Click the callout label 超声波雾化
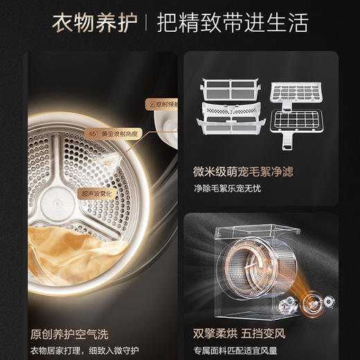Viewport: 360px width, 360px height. [95, 193]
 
